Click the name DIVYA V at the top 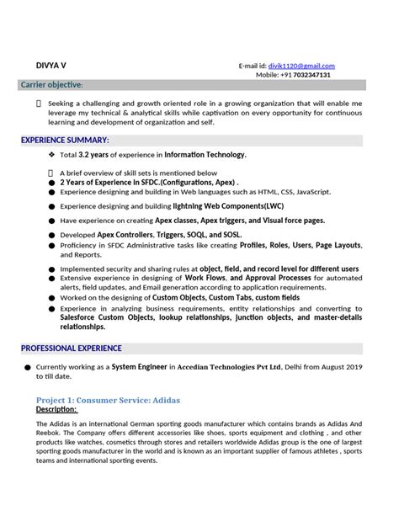[51, 65]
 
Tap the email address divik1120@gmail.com [301, 66]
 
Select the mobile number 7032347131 [306, 75]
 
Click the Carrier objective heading [51, 85]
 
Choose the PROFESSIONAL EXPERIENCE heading [72, 348]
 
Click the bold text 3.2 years [95, 155]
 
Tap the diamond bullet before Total [51, 155]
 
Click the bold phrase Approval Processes [270, 277]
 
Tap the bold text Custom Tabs [231, 297]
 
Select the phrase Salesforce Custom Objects [107, 317]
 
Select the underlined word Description [56, 409]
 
